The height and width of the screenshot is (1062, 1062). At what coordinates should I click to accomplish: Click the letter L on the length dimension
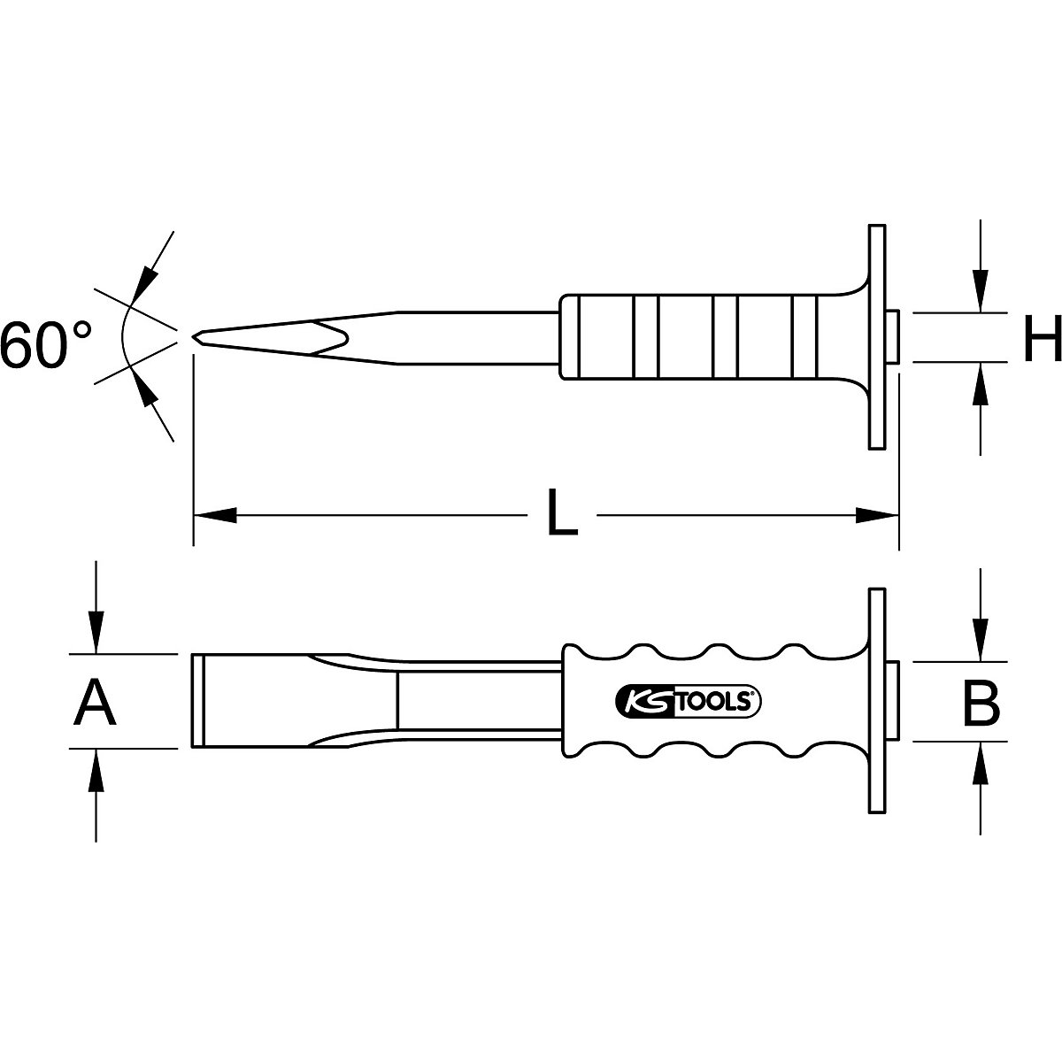(561, 514)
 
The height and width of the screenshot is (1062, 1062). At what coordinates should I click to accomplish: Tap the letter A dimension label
(96, 704)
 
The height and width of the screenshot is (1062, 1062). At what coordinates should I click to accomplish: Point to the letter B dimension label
(980, 704)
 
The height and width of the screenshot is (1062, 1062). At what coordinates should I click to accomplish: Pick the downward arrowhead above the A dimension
(96, 634)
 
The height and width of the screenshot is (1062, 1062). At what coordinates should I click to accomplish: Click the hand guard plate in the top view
(876, 336)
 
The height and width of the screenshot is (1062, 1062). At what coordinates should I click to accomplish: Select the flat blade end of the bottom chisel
(198, 701)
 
